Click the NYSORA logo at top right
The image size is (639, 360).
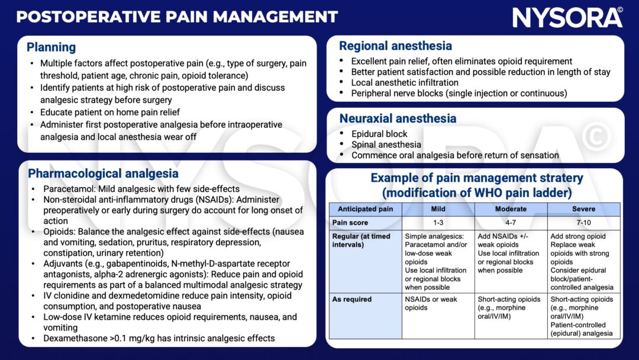pyautogui.click(x=567, y=17)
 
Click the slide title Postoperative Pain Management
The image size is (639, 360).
pyautogui.click(x=177, y=16)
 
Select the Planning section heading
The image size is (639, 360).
pyautogui.click(x=51, y=47)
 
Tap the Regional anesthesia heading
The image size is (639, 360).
pyautogui.click(x=395, y=46)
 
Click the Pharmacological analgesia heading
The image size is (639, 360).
pyautogui.click(x=103, y=173)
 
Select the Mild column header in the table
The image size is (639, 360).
pyautogui.click(x=438, y=209)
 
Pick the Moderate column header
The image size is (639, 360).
pyautogui.click(x=511, y=209)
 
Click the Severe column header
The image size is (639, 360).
pyautogui.click(x=583, y=209)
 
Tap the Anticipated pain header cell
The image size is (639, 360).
pyautogui.click(x=365, y=209)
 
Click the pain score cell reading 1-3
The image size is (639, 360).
pyautogui.click(x=438, y=223)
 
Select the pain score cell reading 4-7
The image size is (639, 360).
pyautogui.click(x=511, y=223)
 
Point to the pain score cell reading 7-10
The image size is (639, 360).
pyautogui.click(x=583, y=223)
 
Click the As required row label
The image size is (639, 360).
pyautogui.click(x=352, y=299)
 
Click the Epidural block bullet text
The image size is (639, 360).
pyautogui.click(x=379, y=134)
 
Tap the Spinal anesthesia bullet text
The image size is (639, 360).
pyautogui.click(x=386, y=144)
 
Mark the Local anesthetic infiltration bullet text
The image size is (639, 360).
pyautogui.click(x=405, y=82)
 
